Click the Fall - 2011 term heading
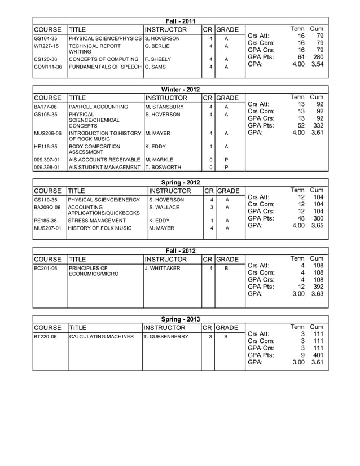click(180, 21)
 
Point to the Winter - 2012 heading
click(180, 90)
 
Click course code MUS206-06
click(48, 134)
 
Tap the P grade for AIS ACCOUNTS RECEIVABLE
click(226, 160)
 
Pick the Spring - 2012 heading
click(180, 183)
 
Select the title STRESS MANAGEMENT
click(97, 221)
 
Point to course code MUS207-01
click(47, 228)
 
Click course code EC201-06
click(46, 268)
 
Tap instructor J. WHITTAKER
click(163, 268)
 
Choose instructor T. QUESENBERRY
click(168, 337)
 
